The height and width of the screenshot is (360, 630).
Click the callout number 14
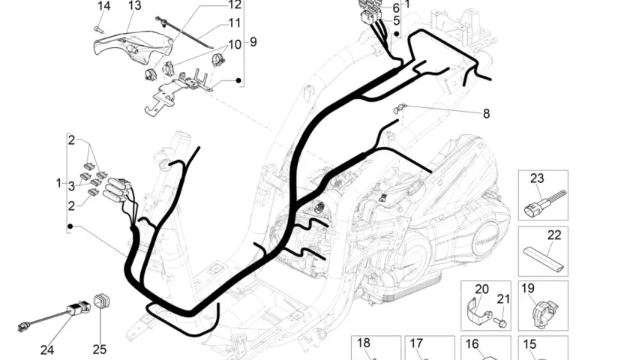coord(103,6)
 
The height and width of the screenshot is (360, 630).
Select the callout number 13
coord(135,6)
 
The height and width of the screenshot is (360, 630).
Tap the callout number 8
coord(486,114)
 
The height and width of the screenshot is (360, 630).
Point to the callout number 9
coord(253,42)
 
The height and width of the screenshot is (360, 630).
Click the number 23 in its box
coord(537,178)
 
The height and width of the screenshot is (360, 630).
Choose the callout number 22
coord(554,235)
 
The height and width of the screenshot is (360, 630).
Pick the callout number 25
coord(100,349)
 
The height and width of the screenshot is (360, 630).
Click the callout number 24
coord(47,350)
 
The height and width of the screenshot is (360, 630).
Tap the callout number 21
coord(503,299)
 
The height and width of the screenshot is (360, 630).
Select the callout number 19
coord(527,288)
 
